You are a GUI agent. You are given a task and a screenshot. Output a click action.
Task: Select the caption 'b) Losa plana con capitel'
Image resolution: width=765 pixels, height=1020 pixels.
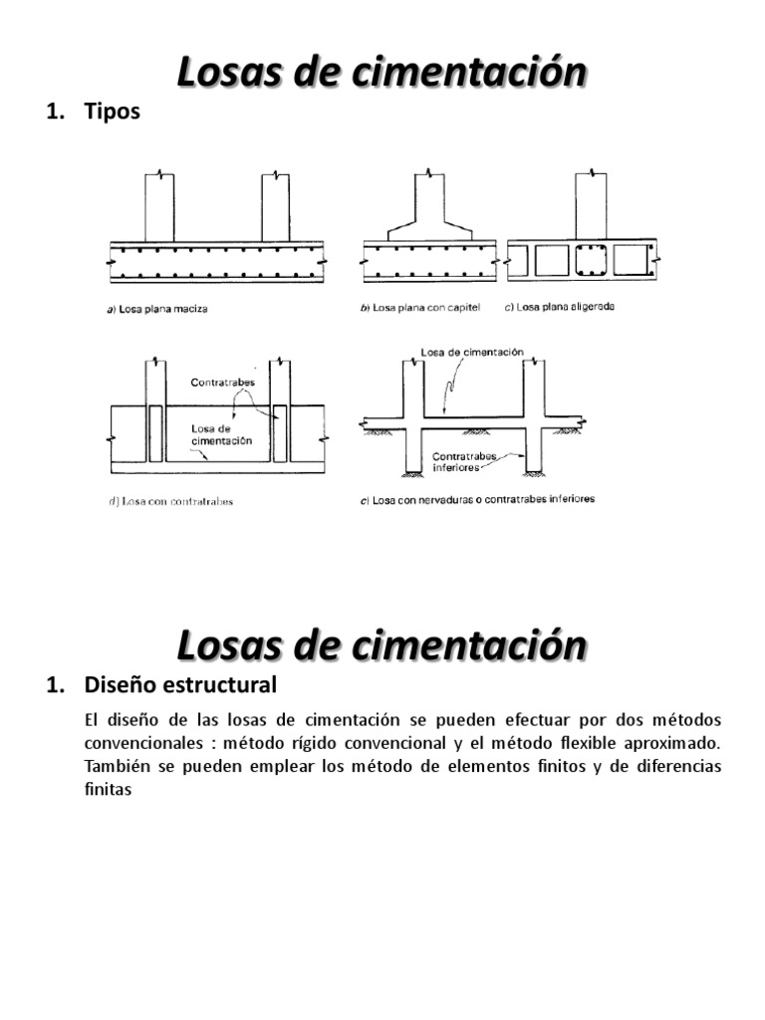pos(419,308)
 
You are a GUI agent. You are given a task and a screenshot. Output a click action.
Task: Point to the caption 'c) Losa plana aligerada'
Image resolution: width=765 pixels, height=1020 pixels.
pos(559,307)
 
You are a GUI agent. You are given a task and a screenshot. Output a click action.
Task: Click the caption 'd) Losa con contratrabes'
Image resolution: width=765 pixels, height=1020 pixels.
pos(170,501)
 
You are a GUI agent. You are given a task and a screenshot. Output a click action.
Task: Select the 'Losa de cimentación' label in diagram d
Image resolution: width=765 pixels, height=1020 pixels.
pos(220,433)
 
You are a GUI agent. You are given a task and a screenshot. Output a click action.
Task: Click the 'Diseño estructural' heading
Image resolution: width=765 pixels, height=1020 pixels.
pos(180,685)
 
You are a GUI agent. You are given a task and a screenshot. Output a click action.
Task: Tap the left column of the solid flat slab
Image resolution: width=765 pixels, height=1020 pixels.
pos(159,207)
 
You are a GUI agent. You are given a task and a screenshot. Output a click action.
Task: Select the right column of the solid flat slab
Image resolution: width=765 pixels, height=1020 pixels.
pos(276,207)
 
